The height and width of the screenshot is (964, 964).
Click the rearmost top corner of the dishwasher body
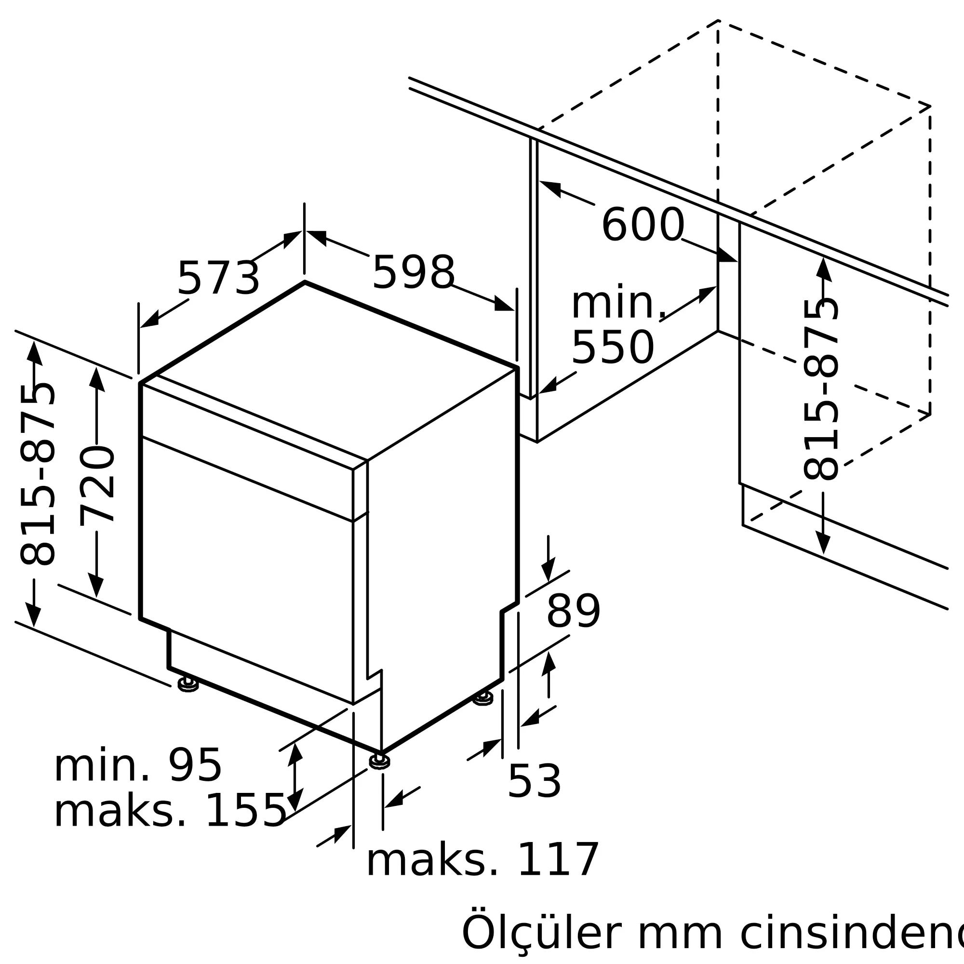pyautogui.click(x=305, y=282)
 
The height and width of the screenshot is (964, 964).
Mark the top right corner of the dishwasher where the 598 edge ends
pyautogui.click(x=517, y=368)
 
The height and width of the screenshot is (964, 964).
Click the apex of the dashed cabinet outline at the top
pyautogui.click(x=718, y=20)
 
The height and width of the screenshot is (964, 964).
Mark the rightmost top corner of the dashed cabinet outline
pyautogui.click(x=930, y=106)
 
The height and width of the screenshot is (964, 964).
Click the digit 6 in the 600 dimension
pyautogui.click(x=616, y=225)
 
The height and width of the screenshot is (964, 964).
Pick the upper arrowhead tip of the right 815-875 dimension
pyautogui.click(x=823, y=257)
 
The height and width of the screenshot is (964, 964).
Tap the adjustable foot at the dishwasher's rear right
pyautogui.click(x=483, y=697)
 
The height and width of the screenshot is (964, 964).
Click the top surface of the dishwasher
pyautogui.click(x=329, y=369)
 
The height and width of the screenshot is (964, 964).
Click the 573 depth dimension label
pyautogui.click(x=218, y=279)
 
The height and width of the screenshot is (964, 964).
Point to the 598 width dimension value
pyautogui.click(x=414, y=272)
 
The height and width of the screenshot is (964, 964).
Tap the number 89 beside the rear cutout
pyautogui.click(x=573, y=611)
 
